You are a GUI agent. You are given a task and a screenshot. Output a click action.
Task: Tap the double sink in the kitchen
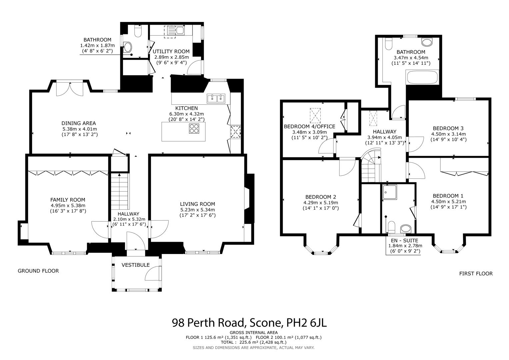216,98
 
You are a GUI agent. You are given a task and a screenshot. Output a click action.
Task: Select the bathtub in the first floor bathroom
422,77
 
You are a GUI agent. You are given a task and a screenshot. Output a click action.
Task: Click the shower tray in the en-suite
390,192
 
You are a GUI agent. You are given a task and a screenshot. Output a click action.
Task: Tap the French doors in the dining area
70,88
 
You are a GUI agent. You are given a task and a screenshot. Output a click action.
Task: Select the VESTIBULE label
135,265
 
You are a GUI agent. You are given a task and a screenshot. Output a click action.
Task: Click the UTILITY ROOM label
171,51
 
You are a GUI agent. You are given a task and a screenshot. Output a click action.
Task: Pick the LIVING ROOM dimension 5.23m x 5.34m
197,210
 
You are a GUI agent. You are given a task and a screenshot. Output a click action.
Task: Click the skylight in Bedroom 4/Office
315,115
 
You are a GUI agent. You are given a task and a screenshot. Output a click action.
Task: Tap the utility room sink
175,31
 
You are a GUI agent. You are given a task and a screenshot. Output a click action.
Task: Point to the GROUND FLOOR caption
38,271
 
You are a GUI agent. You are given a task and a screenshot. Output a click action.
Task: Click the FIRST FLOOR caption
476,273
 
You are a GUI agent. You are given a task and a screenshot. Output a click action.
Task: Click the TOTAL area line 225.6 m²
253,342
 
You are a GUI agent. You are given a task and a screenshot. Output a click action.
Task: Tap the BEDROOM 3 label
448,128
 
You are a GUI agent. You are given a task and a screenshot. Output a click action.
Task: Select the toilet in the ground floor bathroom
138,31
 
